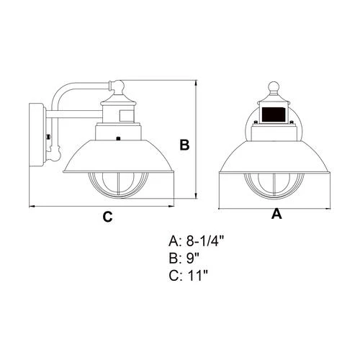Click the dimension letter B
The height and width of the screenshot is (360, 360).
point(184,145)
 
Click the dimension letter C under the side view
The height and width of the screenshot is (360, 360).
point(107,217)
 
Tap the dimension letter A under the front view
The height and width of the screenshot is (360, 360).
point(276,214)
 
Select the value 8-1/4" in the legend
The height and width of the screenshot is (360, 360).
point(205,241)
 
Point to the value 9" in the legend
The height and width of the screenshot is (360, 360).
point(193,258)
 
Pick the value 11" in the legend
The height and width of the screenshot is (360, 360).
point(198,276)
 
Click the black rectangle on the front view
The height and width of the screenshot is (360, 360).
point(274,114)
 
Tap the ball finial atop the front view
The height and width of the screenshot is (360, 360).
point(274,87)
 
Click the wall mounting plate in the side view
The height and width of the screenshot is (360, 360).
point(37,135)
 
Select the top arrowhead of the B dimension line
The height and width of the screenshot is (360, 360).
point(197,83)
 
